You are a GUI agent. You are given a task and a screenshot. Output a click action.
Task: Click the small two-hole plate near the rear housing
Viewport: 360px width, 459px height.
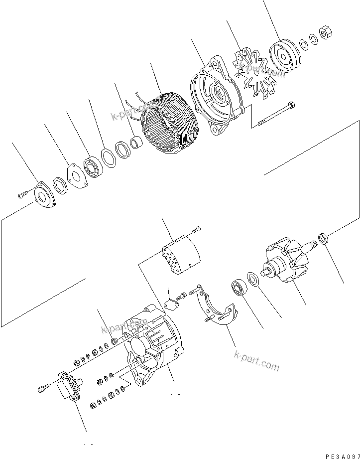coord(172,304)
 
